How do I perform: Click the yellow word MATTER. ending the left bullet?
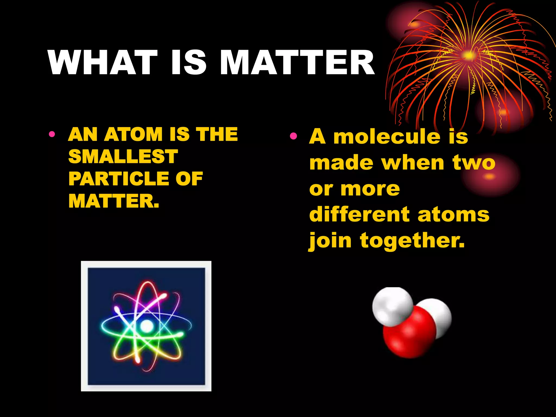pos(114,201)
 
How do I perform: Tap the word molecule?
pos(387,136)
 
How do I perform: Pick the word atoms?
pos(454,214)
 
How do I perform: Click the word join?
pos(330,241)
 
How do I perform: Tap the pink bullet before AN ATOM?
pos(52,134)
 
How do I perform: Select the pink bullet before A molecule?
pos(293,136)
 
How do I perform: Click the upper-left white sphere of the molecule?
pos(392,306)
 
